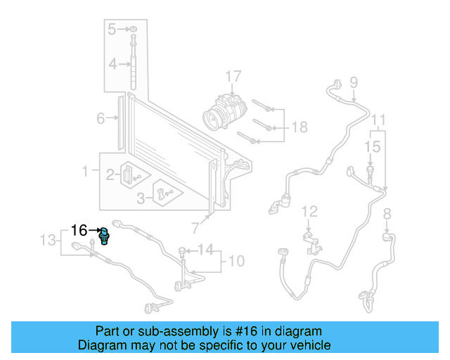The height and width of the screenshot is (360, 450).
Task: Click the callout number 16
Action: point(79,230)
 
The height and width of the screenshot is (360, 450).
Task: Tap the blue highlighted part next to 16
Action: point(104,234)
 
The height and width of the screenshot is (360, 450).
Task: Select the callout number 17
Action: point(233,76)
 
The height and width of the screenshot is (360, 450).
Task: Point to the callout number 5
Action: point(112,29)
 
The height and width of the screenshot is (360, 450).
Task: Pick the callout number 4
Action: point(112,65)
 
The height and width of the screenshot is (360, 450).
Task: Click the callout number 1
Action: point(86,171)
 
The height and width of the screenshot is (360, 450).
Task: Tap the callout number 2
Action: point(110,174)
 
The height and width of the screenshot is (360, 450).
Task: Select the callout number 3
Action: point(141,198)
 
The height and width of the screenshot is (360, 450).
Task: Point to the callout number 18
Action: point(300,127)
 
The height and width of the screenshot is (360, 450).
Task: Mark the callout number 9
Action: point(353,82)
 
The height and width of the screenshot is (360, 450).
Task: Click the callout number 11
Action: point(379,118)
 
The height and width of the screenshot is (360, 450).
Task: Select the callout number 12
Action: point(310,211)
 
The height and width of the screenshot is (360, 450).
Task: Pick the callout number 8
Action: point(386,213)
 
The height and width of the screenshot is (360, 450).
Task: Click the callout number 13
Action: point(47,241)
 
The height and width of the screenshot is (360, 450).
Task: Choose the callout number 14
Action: point(205,249)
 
